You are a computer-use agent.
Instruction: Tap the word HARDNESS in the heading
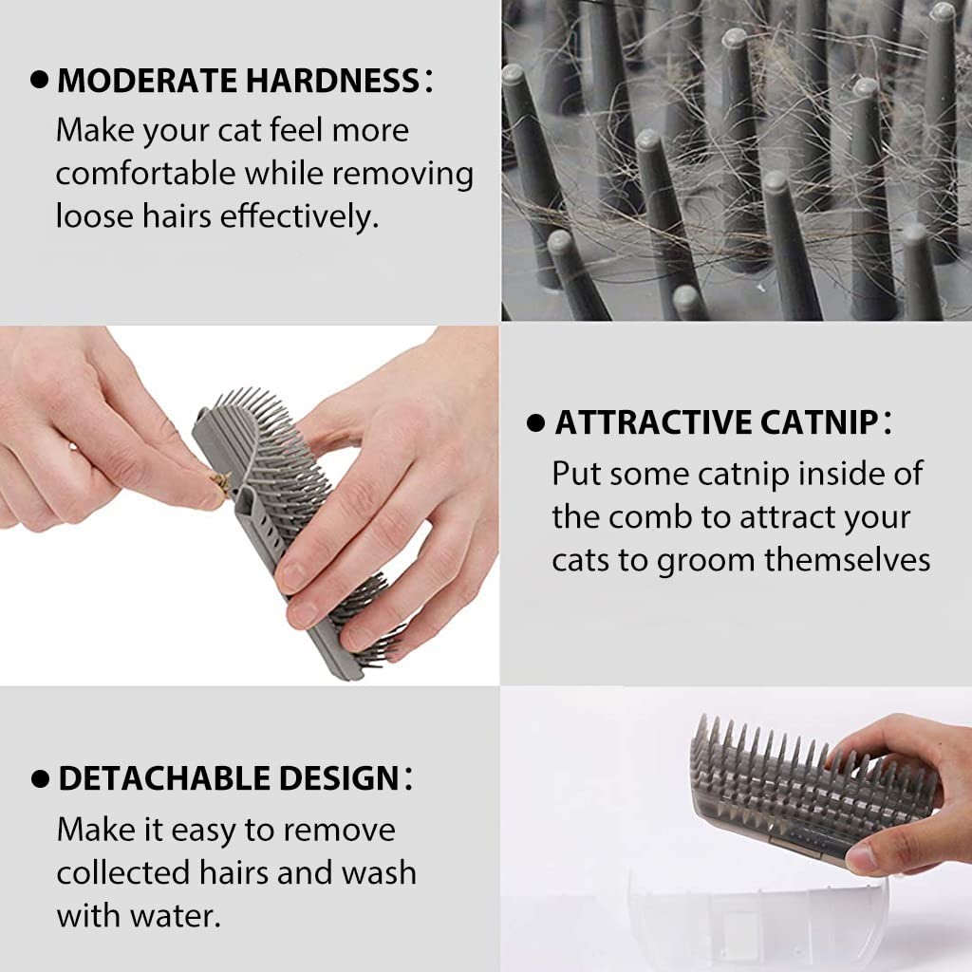pos(333,81)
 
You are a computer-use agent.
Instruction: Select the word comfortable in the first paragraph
pos(145,173)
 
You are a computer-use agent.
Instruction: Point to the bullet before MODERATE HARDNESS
pos(39,80)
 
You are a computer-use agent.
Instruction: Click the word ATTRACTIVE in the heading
pos(653,422)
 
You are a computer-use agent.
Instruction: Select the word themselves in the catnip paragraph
pos(847,559)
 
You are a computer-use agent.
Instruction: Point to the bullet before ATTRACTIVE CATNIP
pos(535,423)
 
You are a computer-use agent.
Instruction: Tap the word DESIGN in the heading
pos(339,778)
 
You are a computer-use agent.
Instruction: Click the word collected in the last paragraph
pos(122,873)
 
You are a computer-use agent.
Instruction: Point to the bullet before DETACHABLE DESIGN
pos(40,779)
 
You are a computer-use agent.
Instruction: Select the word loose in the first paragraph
pos(94,216)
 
